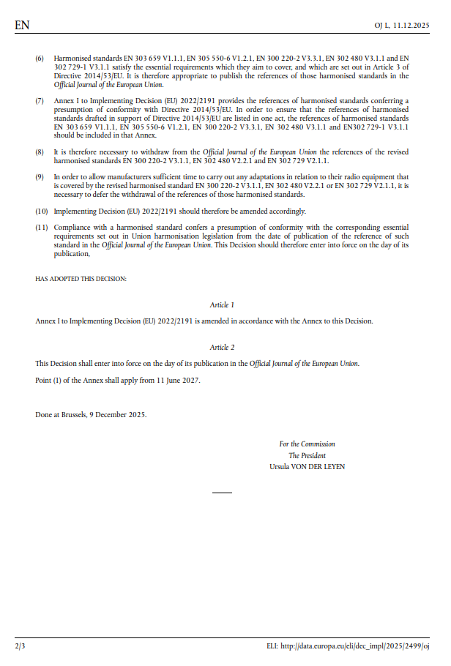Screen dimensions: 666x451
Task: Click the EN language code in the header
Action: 22,26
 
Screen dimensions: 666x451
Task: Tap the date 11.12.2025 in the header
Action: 410,26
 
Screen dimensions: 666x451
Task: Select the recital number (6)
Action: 40,56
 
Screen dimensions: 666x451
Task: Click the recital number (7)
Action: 40,100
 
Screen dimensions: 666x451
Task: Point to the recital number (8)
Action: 40,151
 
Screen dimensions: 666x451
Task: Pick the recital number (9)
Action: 40,177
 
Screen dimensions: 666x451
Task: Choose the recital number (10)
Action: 42,212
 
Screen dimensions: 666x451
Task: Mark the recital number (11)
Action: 42,228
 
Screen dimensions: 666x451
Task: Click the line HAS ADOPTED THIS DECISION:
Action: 81,279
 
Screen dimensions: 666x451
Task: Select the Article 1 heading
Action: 222,304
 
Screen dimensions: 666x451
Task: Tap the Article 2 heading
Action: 222,347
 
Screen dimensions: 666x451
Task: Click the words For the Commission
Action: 307,444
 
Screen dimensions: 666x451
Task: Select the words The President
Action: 307,455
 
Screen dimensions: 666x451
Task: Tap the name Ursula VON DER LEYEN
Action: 307,466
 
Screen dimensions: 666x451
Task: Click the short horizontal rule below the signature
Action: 222,493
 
